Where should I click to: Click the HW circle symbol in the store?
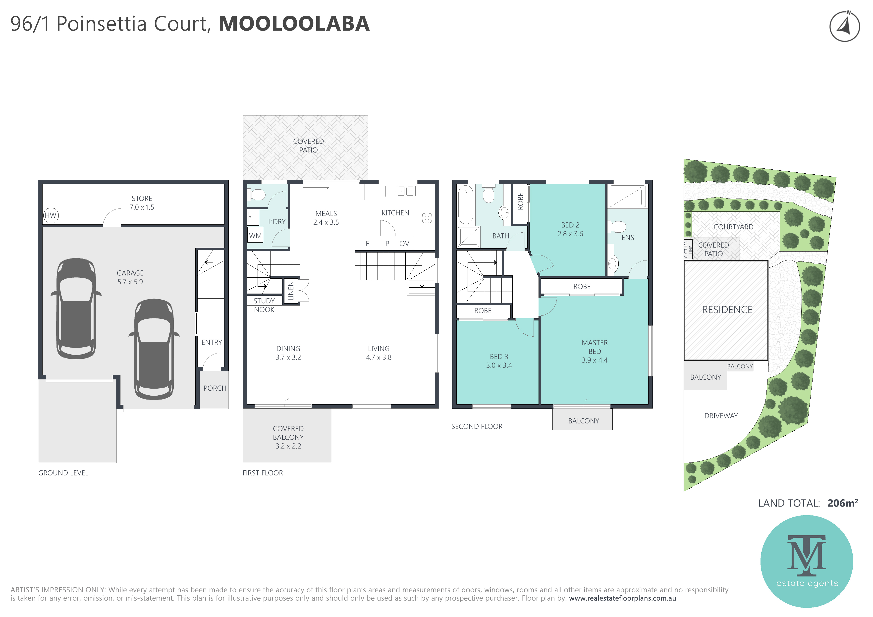(51, 215)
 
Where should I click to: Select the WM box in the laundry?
(255, 235)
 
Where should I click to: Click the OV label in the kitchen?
(404, 244)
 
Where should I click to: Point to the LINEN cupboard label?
(291, 291)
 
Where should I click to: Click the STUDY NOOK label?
(264, 305)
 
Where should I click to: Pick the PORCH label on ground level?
(215, 388)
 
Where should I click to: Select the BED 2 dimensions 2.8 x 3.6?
(570, 234)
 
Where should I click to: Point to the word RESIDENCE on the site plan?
(727, 310)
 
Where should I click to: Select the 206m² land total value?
(842, 503)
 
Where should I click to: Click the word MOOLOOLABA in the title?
(294, 24)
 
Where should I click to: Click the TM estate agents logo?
(807, 561)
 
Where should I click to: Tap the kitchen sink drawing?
(400, 191)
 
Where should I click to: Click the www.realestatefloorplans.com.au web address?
(622, 598)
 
